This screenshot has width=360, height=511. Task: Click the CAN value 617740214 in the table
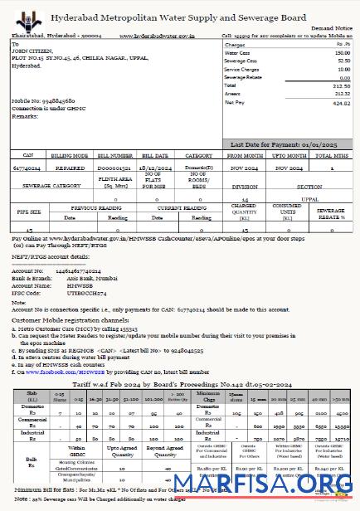point(27,167)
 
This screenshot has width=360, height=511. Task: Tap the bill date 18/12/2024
point(155,167)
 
